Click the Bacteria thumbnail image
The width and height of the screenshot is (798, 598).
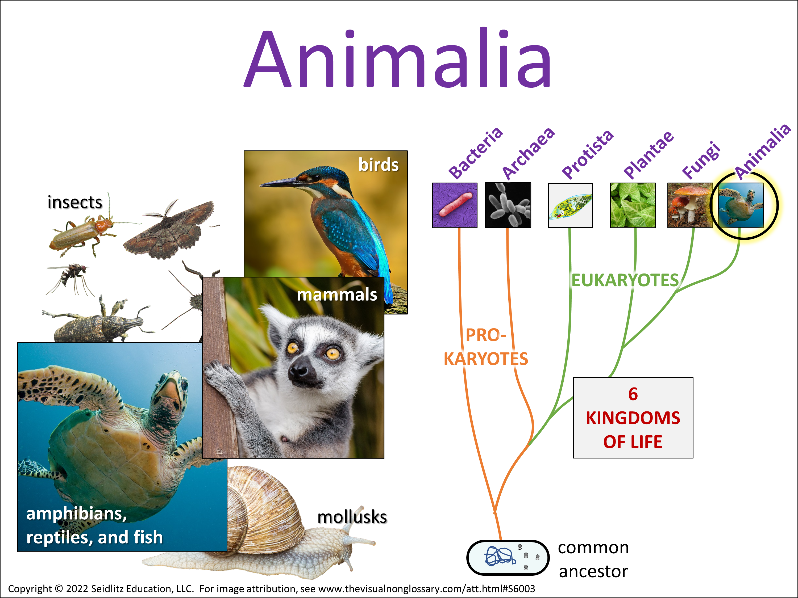pyautogui.click(x=455, y=205)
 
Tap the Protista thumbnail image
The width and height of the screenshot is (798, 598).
pyautogui.click(x=570, y=205)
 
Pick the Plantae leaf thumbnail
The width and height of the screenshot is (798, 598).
pyautogui.click(x=633, y=205)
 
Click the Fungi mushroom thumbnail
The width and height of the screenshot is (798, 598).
pyautogui.click(x=690, y=205)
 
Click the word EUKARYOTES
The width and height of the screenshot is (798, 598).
pyautogui.click(x=625, y=280)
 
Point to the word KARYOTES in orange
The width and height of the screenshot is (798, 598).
pyautogui.click(x=486, y=359)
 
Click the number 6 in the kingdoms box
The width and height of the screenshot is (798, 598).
pyautogui.click(x=633, y=394)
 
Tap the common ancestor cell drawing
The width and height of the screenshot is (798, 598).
pyautogui.click(x=508, y=558)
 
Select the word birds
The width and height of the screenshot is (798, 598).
pyautogui.click(x=379, y=165)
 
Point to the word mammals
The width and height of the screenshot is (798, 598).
pyautogui.click(x=337, y=294)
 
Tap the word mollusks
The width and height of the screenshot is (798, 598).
pyautogui.click(x=352, y=517)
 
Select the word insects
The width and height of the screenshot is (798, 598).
pyautogui.click(x=75, y=202)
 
